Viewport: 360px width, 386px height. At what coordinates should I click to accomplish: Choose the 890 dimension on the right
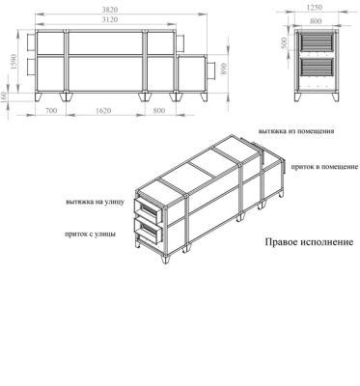tap(225, 71)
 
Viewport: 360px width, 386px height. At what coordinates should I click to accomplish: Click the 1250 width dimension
tap(314, 8)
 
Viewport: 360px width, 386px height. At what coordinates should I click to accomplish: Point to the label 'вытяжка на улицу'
tap(95, 203)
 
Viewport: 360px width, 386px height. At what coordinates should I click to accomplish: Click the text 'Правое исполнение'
tap(309, 242)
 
